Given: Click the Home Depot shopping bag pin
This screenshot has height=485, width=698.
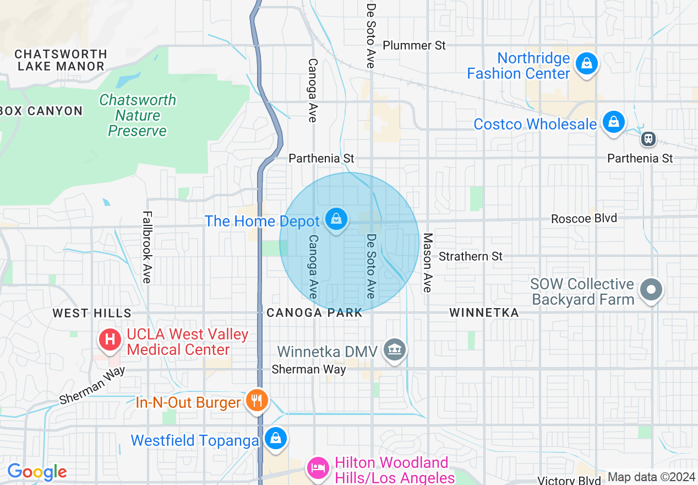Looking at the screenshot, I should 336,219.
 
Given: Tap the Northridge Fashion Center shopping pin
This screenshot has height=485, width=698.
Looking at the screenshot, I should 587,64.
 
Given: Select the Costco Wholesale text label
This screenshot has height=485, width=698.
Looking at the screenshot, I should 535,124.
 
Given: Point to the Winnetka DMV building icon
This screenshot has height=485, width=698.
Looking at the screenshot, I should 395,349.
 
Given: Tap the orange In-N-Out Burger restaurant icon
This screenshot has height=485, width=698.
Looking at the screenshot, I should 257,401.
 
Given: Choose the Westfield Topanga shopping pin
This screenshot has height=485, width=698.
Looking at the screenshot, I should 275,439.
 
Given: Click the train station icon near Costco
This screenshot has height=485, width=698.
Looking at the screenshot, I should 649,138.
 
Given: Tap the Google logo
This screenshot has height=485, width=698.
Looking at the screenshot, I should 37,472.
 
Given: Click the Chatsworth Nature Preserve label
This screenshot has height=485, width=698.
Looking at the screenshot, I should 138,115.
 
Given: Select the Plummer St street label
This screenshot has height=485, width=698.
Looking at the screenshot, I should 414,45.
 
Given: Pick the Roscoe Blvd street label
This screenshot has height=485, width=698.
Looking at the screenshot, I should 584,218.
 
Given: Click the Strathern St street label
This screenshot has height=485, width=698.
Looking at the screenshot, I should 471,256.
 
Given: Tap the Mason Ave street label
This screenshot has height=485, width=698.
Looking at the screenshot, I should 428,262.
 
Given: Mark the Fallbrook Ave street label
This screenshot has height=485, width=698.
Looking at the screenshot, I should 146,247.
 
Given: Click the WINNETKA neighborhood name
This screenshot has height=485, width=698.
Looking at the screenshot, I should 484,313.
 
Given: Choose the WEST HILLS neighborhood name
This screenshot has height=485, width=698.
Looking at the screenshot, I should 92,313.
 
